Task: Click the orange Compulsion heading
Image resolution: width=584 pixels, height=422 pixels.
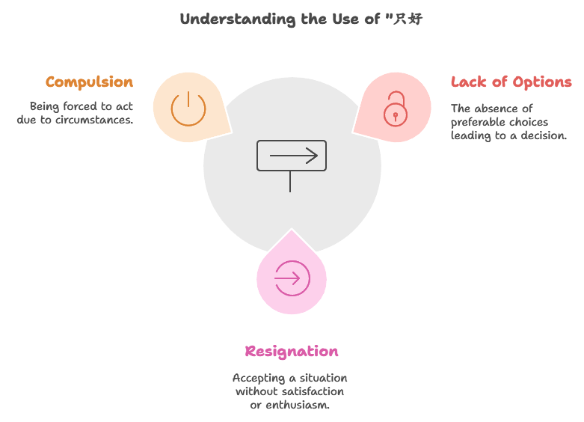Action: [x=89, y=82]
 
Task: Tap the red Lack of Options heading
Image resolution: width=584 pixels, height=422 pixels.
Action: [x=511, y=82]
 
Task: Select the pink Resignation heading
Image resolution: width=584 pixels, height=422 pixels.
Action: [x=292, y=352]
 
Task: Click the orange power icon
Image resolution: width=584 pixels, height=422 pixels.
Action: [x=188, y=108]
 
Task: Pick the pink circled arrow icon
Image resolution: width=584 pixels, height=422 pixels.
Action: [x=291, y=279]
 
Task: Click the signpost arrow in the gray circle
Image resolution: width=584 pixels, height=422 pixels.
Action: [x=292, y=156]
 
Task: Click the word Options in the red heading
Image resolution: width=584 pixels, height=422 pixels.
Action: [x=541, y=82]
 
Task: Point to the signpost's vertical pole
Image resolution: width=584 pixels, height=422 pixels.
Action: [x=290, y=181]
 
